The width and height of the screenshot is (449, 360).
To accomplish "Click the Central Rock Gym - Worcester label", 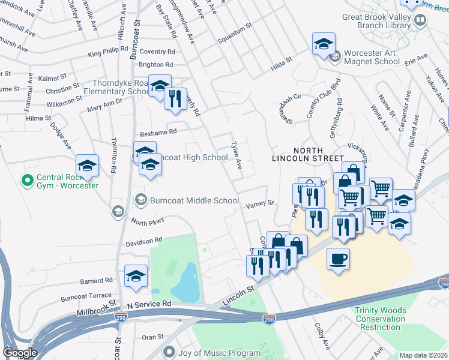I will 67,181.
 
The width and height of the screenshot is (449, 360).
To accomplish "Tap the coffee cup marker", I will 338,259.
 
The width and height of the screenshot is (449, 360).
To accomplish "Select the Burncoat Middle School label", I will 194,200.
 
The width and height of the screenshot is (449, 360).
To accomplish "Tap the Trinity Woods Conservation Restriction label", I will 380,319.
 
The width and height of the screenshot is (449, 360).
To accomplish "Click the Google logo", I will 20,353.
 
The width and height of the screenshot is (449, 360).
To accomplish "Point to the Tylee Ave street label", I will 236,155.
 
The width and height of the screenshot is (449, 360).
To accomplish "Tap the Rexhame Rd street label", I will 158,131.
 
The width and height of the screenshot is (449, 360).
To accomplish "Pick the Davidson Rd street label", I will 144,241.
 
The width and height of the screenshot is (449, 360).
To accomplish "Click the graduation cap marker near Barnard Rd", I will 136,276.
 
